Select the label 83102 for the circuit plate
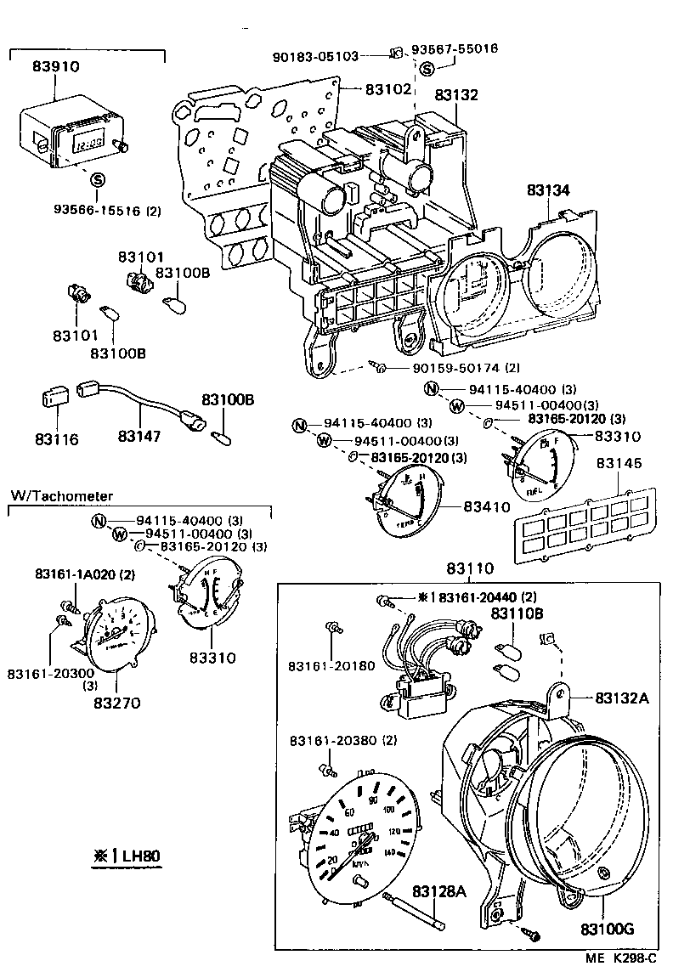click(x=388, y=88)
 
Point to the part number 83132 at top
click(x=458, y=95)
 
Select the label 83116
click(x=57, y=439)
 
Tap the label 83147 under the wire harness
click(x=140, y=436)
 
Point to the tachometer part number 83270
click(x=116, y=703)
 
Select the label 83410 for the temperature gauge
click(x=486, y=506)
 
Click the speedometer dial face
click(x=357, y=832)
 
